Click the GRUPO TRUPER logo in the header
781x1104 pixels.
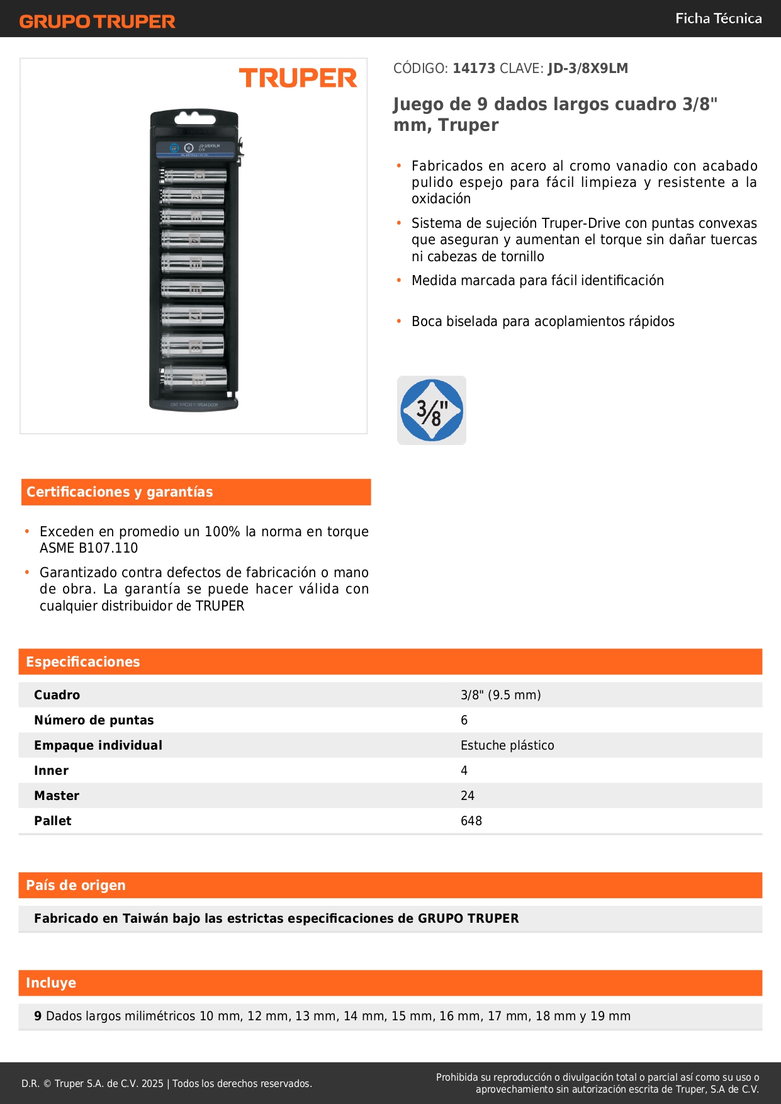[x=97, y=21]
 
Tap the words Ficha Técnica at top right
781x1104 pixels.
[x=718, y=18]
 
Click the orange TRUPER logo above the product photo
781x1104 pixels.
[x=298, y=78]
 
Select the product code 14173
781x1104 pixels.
[x=474, y=69]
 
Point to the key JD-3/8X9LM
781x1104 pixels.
[x=588, y=69]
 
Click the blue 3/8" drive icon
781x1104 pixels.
[x=432, y=410]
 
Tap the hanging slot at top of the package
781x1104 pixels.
[x=194, y=117]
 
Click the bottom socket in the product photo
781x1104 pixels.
[x=194, y=378]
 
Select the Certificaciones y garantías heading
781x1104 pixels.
[x=120, y=492]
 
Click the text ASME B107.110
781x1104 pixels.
[x=89, y=548]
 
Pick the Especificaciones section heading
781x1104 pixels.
[x=83, y=662]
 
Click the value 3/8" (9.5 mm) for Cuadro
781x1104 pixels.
[x=500, y=695]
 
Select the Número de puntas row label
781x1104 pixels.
[x=94, y=720]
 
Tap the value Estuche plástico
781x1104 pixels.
[x=507, y=745]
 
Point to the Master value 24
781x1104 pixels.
[x=468, y=796]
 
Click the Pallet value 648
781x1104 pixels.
[x=471, y=821]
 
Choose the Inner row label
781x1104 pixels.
[x=52, y=770]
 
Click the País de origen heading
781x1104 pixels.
[x=76, y=886]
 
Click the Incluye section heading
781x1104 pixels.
[x=51, y=983]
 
